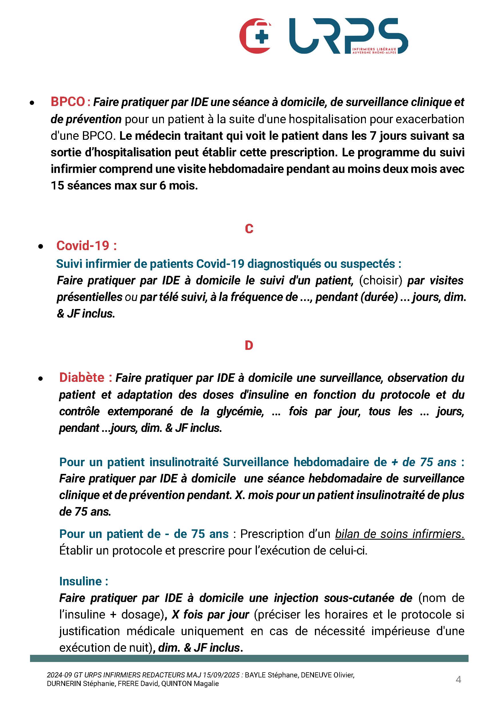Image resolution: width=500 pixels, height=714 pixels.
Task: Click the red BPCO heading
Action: [x=68, y=102]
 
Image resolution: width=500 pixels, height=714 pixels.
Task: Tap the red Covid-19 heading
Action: [x=86, y=246]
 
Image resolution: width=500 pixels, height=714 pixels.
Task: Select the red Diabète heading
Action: [x=86, y=378]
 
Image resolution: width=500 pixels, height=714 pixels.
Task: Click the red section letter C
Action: [x=249, y=229]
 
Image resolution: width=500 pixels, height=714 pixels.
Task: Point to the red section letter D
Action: [x=249, y=345]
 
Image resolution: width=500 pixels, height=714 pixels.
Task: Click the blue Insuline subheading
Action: [x=84, y=581]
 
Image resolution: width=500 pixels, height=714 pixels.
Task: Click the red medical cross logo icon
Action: [x=255, y=36]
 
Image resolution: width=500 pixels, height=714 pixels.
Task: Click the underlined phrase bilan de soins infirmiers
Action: [x=400, y=534]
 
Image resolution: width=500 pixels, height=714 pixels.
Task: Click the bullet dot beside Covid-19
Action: [x=40, y=247]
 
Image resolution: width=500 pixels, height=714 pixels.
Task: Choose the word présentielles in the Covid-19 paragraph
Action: [x=90, y=297]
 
